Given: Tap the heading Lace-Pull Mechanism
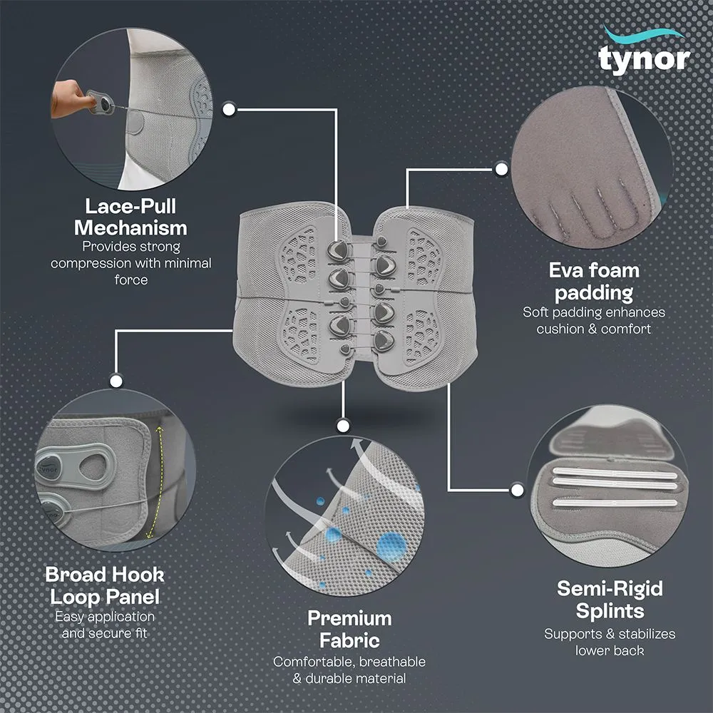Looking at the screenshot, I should pyautogui.click(x=130, y=217).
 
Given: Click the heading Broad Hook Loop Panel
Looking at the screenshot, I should pyautogui.click(x=105, y=585).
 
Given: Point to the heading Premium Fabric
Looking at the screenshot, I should pyautogui.click(x=349, y=628).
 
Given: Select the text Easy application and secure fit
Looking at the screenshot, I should pyautogui.click(x=105, y=623).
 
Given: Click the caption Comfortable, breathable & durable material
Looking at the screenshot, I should pyautogui.click(x=349, y=670).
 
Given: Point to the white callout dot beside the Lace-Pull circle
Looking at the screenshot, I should pyautogui.click(x=230, y=109).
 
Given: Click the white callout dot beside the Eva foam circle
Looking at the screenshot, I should pyautogui.click(x=501, y=169).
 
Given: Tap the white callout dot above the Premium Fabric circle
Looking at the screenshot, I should pyautogui.click(x=343, y=426).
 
